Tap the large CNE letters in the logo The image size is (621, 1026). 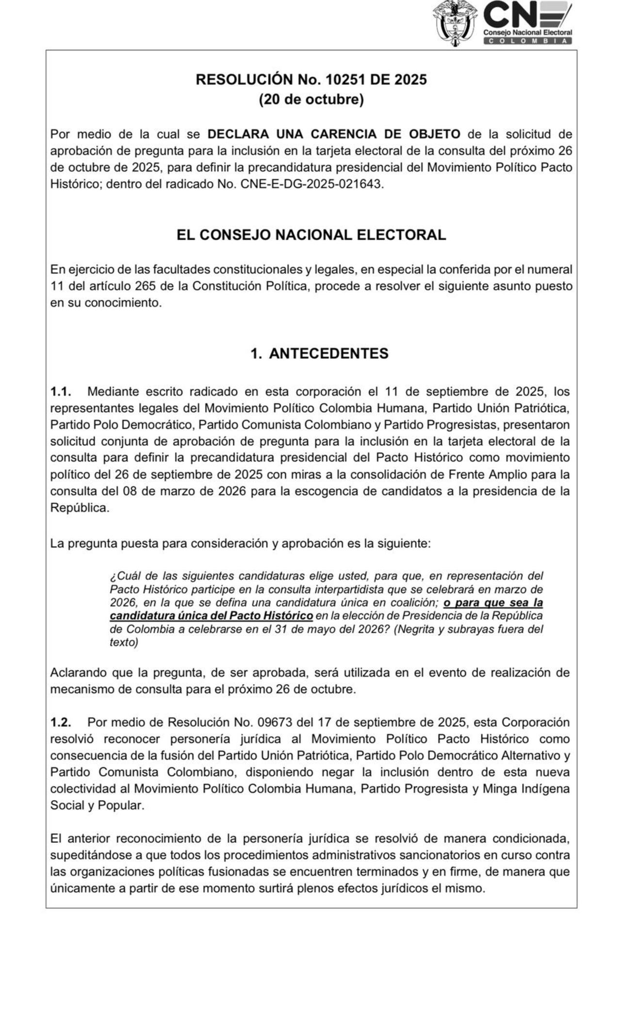[x=514, y=15]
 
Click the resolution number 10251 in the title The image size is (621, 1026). [x=347, y=79]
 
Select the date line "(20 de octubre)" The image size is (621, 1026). [x=311, y=99]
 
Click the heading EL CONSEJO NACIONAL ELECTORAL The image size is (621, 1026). [x=311, y=235]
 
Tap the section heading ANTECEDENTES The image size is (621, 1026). [x=328, y=353]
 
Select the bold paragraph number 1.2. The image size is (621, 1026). [x=61, y=722]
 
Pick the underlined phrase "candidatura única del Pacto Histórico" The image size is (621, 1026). [x=211, y=616]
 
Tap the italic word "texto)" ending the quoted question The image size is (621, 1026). [x=124, y=642]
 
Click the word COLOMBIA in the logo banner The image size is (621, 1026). [x=527, y=41]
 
